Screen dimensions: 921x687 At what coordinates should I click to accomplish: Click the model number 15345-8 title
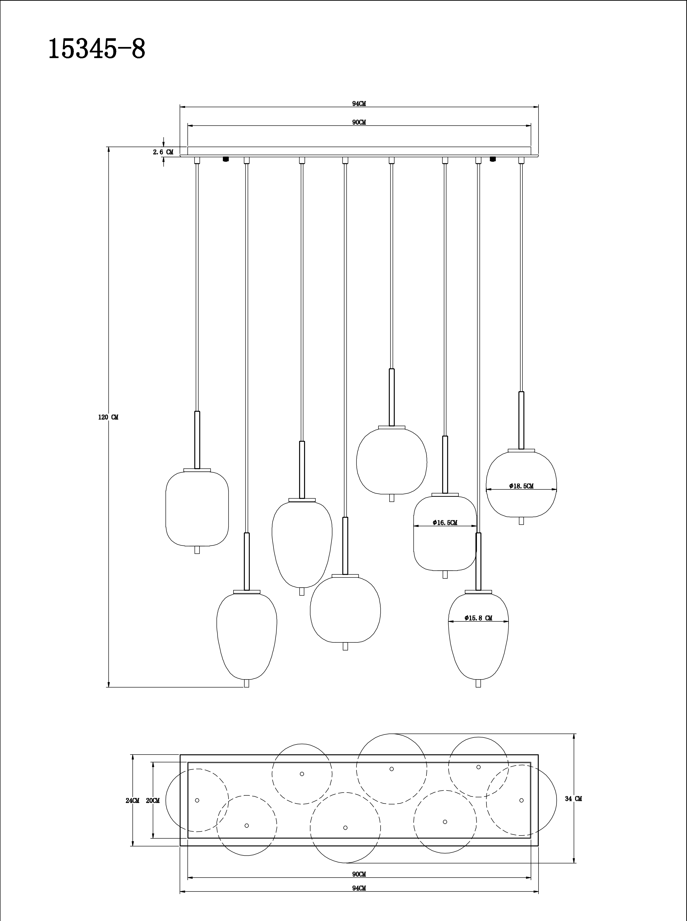pos(97,49)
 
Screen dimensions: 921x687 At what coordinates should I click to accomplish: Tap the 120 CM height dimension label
pos(108,417)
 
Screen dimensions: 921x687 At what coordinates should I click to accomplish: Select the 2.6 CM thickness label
pos(163,152)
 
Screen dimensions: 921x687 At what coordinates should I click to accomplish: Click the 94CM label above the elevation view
pos(359,104)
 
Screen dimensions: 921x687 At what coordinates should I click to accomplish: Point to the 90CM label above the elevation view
pos(359,122)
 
